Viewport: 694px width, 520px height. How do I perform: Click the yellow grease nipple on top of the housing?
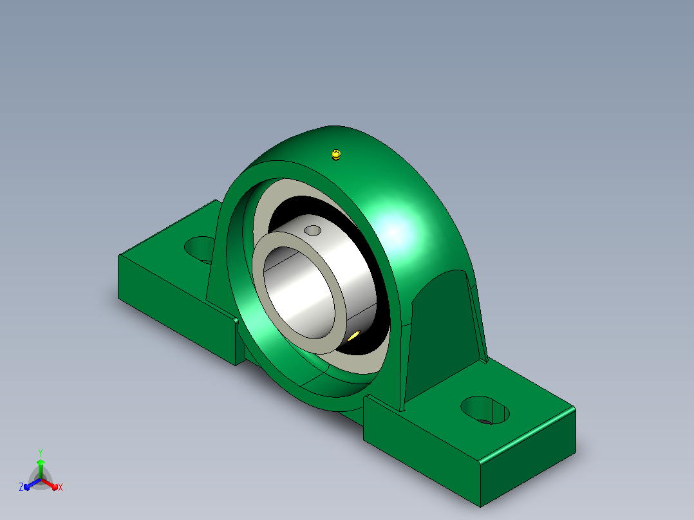(336, 155)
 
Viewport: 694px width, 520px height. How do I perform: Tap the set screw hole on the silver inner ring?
(313, 230)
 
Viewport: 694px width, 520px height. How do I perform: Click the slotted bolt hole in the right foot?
(485, 410)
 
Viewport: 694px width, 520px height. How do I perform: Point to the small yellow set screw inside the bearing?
(354, 337)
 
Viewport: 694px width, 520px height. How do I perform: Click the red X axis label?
(61, 487)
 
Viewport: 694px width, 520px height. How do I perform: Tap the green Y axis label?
(41, 452)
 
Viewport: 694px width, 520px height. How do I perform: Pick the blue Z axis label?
(21, 487)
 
